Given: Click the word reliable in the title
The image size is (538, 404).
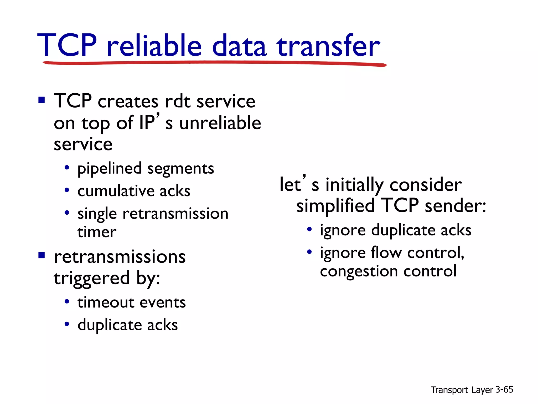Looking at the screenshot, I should [154, 45].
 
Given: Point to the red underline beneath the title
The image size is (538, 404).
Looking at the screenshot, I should [214, 63].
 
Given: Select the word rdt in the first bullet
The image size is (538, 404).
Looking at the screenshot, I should [177, 101].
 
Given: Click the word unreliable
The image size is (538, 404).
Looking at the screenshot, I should [220, 123].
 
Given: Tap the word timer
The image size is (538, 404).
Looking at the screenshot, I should [97, 232].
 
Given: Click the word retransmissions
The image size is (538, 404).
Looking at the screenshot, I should [120, 257].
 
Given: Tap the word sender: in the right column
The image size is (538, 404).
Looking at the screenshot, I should [455, 206].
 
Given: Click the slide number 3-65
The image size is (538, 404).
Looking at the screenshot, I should [504, 390].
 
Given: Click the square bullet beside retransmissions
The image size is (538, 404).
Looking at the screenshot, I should [42, 255].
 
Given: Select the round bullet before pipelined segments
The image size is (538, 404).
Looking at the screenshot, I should [67, 167].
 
